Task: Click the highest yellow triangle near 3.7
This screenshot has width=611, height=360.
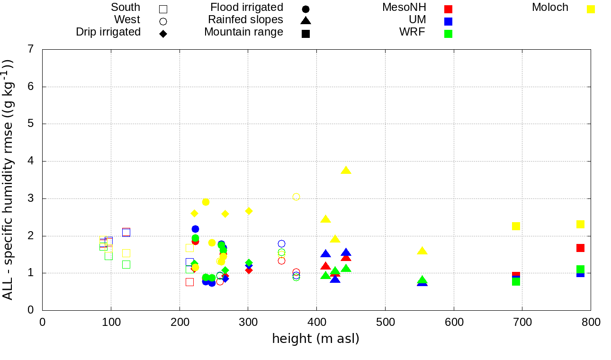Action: click(x=346, y=171)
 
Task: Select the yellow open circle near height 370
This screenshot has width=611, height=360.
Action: click(x=296, y=197)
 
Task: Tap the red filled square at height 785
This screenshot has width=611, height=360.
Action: click(x=580, y=248)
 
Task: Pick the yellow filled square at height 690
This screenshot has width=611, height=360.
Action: click(x=516, y=226)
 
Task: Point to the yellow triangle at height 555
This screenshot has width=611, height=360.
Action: click(x=422, y=251)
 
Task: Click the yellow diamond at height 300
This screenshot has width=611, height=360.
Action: click(x=249, y=211)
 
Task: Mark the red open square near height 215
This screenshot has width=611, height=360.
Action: click(x=189, y=282)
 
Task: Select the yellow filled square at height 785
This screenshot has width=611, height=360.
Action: click(x=580, y=224)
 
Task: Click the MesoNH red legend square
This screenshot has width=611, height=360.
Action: click(x=449, y=9)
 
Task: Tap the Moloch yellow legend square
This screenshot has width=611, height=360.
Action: click(x=591, y=9)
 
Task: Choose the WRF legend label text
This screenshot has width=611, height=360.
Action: click(x=412, y=32)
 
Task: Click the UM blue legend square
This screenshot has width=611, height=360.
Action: click(x=449, y=21)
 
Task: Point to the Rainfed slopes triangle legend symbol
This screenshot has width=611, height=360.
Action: click(x=305, y=20)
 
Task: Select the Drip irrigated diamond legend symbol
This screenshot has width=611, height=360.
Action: click(x=163, y=34)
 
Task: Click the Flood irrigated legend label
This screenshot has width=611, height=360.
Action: click(x=247, y=8)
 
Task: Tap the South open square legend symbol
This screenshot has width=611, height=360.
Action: click(x=163, y=9)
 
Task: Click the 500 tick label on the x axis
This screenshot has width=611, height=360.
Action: click(x=385, y=323)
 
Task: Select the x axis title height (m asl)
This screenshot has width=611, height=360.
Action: click(x=315, y=339)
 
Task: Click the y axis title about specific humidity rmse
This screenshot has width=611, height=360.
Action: click(x=9, y=180)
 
